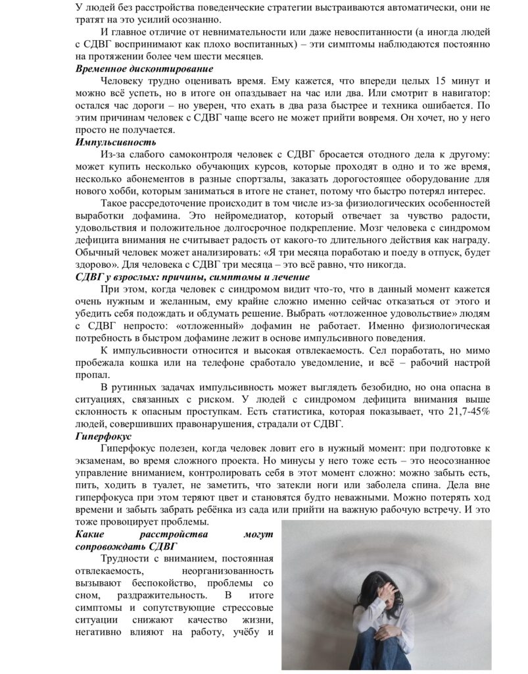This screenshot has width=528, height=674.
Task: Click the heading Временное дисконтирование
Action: coord(144,69)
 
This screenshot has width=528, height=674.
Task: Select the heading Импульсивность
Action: coord(116,142)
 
